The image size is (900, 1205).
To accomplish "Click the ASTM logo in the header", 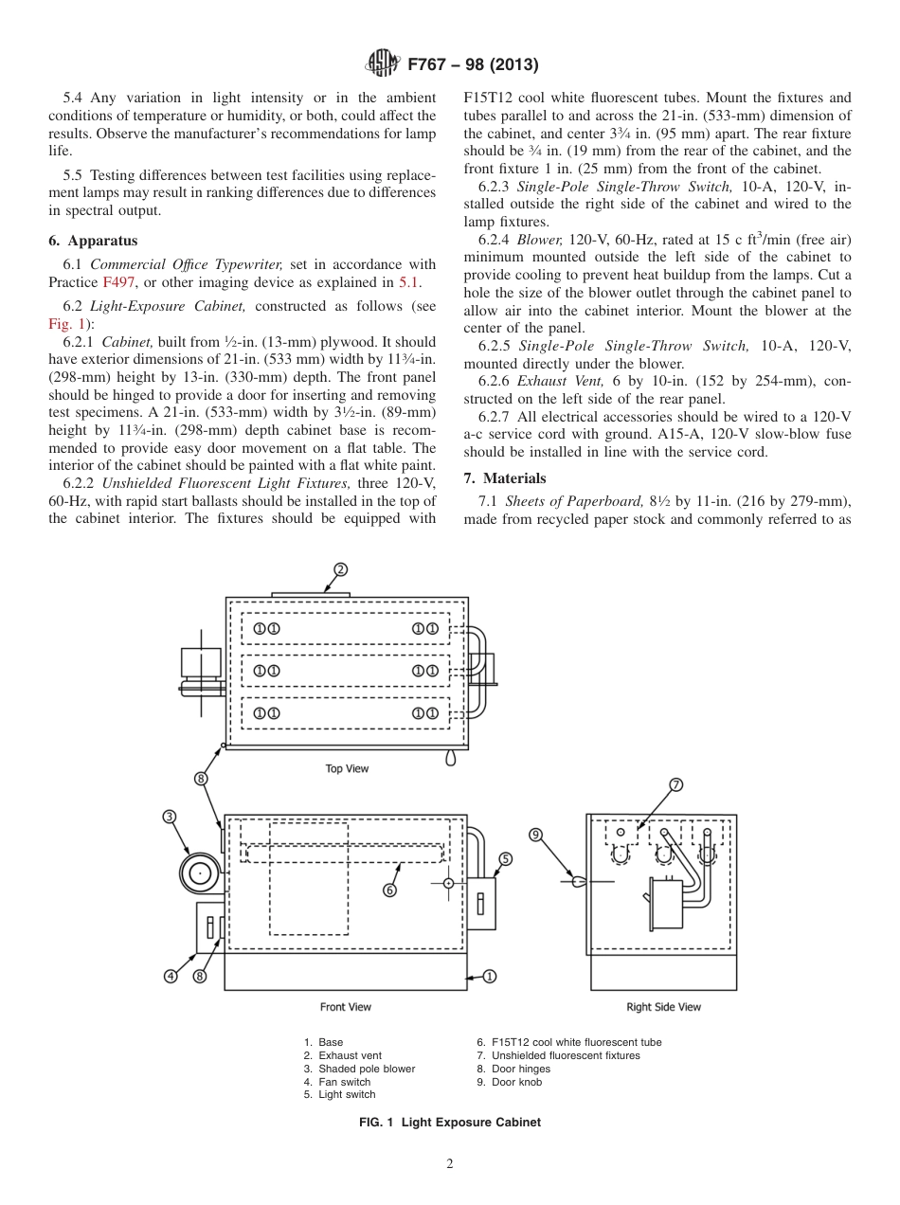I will pyautogui.click(x=383, y=65).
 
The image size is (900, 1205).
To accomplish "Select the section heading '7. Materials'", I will pyautogui.click(x=505, y=478).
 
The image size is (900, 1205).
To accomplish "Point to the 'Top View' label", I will pyautogui.click(x=347, y=768).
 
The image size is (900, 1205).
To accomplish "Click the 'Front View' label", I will pyautogui.click(x=346, y=1007).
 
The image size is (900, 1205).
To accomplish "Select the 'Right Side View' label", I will pyautogui.click(x=663, y=1007).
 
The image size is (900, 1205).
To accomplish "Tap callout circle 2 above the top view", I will pyautogui.click(x=340, y=569).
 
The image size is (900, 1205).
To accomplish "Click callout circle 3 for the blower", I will pyautogui.click(x=170, y=817).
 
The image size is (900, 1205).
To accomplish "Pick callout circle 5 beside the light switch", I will pyautogui.click(x=505, y=859).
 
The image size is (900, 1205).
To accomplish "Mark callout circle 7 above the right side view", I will pyautogui.click(x=676, y=784).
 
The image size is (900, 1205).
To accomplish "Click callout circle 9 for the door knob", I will pyautogui.click(x=535, y=835).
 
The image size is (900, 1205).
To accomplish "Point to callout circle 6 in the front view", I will pyautogui.click(x=389, y=890).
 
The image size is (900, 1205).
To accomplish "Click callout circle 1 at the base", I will pyautogui.click(x=489, y=976).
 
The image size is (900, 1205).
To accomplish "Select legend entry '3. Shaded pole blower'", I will pyautogui.click(x=359, y=1069).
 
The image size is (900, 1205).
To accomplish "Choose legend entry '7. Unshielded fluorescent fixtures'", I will pyautogui.click(x=558, y=1055).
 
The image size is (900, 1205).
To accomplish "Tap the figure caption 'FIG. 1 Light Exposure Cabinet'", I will pyautogui.click(x=450, y=1123).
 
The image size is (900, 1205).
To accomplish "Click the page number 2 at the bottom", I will pyautogui.click(x=450, y=1165).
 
